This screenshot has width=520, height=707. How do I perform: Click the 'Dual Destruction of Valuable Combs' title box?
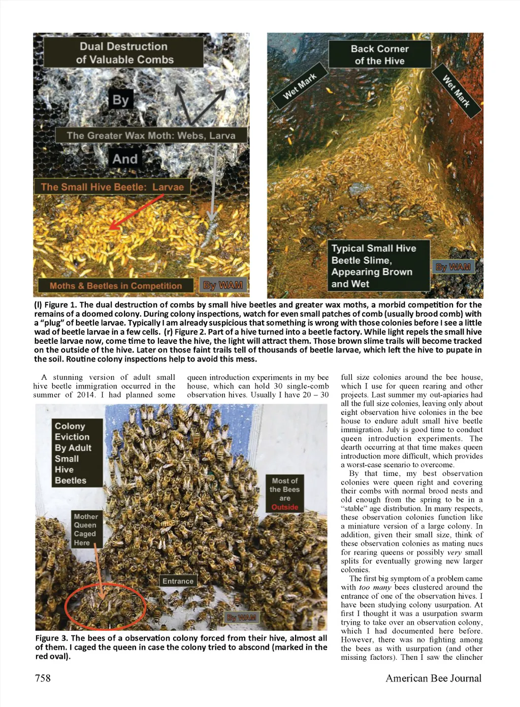[x=123, y=53]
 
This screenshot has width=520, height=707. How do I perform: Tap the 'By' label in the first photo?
[x=121, y=100]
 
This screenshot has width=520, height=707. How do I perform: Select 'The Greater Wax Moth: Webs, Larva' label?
[x=151, y=136]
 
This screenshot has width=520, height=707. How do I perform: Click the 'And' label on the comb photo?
[x=125, y=159]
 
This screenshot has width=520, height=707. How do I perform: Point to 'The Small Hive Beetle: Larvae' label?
[x=112, y=187]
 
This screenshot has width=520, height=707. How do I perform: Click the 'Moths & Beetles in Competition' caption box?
[x=115, y=285]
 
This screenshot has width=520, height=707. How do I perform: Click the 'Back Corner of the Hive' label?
[x=379, y=55]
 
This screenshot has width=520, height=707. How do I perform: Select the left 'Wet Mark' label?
[x=300, y=86]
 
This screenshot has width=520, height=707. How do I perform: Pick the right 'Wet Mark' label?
[x=456, y=91]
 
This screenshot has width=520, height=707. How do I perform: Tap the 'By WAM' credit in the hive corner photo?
[x=453, y=267]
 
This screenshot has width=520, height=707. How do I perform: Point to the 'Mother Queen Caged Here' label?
[x=85, y=530]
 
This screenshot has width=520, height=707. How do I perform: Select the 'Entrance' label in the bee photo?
[x=178, y=581]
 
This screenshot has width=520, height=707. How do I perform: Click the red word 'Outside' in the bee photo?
[x=284, y=507]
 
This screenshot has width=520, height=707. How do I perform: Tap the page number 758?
[x=43, y=678]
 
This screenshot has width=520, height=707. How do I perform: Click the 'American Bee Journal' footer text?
[x=433, y=678]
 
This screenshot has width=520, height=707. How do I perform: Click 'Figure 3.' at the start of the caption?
[x=51, y=638]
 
